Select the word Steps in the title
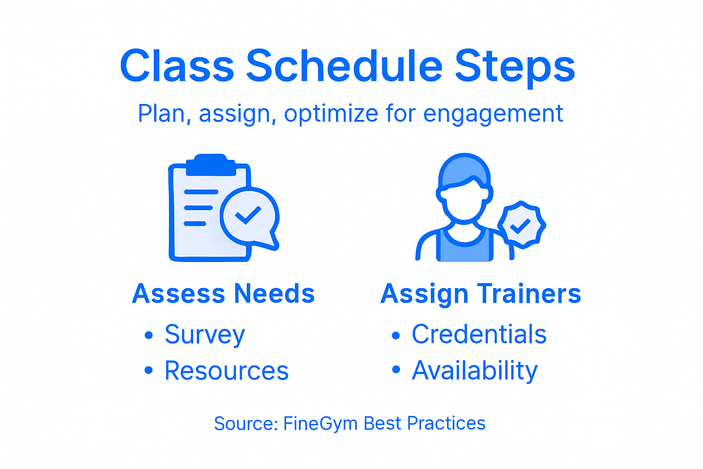click(514, 67)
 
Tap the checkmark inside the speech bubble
click(248, 215)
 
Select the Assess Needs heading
click(223, 294)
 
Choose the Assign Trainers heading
click(481, 294)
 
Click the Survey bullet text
click(205, 335)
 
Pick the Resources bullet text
click(227, 371)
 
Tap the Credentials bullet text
click(479, 334)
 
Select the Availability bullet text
click(475, 371)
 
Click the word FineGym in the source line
click(320, 424)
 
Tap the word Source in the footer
click(244, 424)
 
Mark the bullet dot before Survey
click(148, 335)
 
